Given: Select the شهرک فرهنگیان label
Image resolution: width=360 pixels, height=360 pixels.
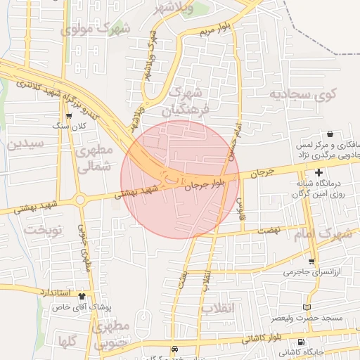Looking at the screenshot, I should [x=186, y=101].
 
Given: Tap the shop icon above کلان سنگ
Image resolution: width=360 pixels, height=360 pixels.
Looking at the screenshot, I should [x=68, y=117].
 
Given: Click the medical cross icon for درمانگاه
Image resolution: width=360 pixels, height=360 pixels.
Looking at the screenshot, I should [x=319, y=172].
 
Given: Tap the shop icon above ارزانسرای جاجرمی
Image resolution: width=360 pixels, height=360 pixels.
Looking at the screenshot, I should [x=311, y=261].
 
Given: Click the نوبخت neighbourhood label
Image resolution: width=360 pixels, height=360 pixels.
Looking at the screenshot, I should [x=43, y=230].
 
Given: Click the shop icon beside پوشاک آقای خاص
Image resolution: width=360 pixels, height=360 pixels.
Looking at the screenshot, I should [x=82, y=296].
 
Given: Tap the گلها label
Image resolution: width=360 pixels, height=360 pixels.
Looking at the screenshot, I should [x=68, y=342].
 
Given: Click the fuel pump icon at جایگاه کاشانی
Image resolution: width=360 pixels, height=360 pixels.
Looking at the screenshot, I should [x=282, y=351].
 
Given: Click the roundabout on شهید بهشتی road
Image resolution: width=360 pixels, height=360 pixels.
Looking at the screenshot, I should [x=81, y=200].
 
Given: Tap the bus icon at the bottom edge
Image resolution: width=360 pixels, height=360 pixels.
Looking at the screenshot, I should [x=175, y=349].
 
